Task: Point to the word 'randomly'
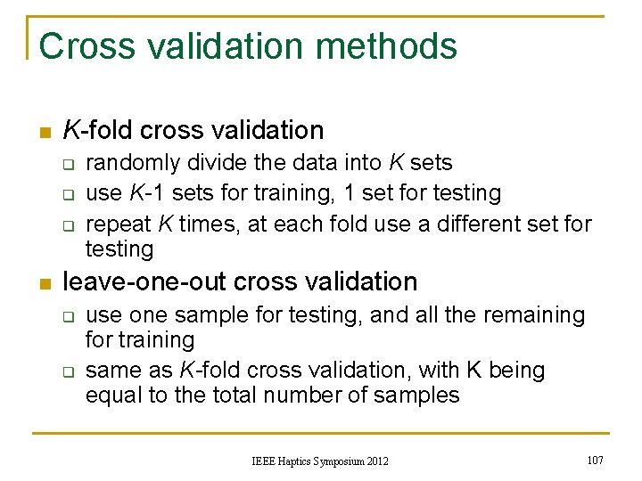(129, 163)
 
